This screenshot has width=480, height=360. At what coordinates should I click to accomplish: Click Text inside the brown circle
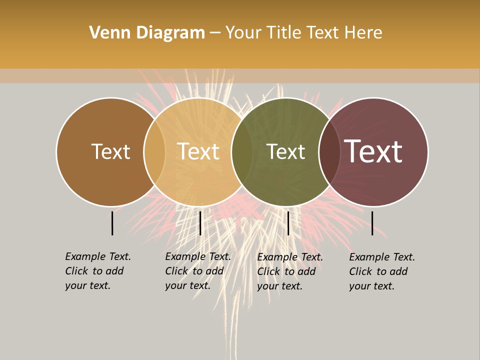[110, 152]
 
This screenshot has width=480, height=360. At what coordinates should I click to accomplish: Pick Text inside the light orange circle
[198, 152]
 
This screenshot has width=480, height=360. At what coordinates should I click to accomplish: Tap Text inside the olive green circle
[285, 152]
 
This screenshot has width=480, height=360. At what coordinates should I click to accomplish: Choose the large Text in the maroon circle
[373, 152]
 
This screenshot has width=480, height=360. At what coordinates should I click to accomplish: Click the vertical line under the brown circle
[112, 223]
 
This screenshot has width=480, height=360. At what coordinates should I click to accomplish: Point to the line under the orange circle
[200, 223]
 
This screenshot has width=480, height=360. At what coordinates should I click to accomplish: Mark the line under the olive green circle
[288, 223]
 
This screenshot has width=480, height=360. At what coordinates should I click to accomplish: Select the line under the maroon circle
[372, 223]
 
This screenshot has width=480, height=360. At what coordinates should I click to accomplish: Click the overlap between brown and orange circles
[154, 152]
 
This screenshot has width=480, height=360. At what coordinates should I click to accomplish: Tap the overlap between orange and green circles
[242, 152]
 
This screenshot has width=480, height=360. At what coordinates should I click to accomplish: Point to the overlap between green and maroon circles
[329, 152]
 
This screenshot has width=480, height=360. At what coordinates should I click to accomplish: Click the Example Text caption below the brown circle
[98, 271]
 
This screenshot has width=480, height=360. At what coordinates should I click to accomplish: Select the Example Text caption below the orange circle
[198, 271]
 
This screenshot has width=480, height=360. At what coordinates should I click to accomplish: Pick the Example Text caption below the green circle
[290, 271]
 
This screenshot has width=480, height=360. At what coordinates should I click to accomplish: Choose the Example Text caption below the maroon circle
[382, 271]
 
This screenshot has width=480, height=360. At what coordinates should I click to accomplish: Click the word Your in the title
[243, 33]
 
